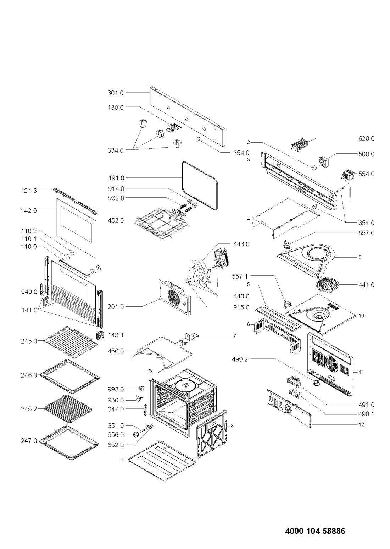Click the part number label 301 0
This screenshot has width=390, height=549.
tap(116, 93)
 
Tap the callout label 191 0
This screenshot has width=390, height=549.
tap(116, 178)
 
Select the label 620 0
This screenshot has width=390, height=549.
tap(366, 138)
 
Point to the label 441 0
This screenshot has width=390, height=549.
tap(366, 285)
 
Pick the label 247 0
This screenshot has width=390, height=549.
tap(29, 441)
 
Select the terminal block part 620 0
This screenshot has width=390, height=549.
tap(299, 144)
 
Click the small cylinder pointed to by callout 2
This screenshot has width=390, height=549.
tap(314, 168)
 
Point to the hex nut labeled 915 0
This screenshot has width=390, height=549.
tap(189, 280)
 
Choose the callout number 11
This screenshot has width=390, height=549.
tap(361, 372)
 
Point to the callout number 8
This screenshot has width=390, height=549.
tap(232, 426)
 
